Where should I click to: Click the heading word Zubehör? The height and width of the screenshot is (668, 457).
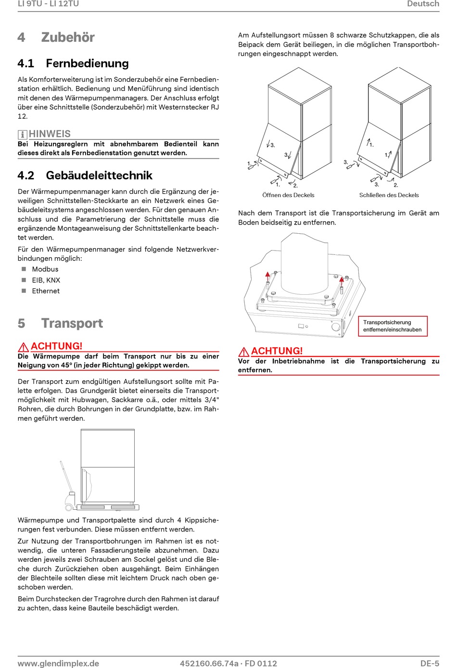pyautogui.click(x=68, y=38)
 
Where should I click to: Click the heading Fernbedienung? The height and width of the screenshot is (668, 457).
pyautogui.click(x=87, y=63)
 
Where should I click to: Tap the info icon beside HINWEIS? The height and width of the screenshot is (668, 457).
pyautogui.click(x=22, y=135)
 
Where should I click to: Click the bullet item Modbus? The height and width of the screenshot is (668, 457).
pyautogui.click(x=45, y=269)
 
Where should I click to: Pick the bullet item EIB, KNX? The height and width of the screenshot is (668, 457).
pyautogui.click(x=46, y=280)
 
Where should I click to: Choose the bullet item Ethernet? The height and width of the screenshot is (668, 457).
pyautogui.click(x=46, y=291)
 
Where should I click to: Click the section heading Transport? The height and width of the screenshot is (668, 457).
pyautogui.click(x=72, y=323)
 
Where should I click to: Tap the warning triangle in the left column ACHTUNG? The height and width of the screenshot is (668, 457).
pyautogui.click(x=23, y=347)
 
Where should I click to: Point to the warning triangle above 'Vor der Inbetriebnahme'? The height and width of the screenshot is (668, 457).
pyautogui.click(x=243, y=352)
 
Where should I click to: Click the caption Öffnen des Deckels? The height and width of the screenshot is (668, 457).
pyautogui.click(x=288, y=195)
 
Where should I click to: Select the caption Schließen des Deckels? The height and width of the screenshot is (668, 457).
pyautogui.click(x=389, y=195)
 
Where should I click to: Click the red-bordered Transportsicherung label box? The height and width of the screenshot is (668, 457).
pyautogui.click(x=393, y=326)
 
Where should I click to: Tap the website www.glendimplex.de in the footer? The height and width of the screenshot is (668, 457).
pyautogui.click(x=58, y=663)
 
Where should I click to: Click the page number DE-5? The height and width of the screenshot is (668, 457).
pyautogui.click(x=430, y=663)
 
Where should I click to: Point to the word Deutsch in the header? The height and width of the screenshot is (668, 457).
pyautogui.click(x=423, y=4)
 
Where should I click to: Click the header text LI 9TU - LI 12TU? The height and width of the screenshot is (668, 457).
pyautogui.click(x=48, y=4)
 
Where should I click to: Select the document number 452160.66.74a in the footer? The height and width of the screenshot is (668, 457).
pyautogui.click(x=209, y=663)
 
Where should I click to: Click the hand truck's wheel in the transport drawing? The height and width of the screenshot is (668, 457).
pyautogui.click(x=69, y=507)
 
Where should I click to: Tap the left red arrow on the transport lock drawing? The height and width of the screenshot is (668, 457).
pyautogui.click(x=268, y=276)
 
